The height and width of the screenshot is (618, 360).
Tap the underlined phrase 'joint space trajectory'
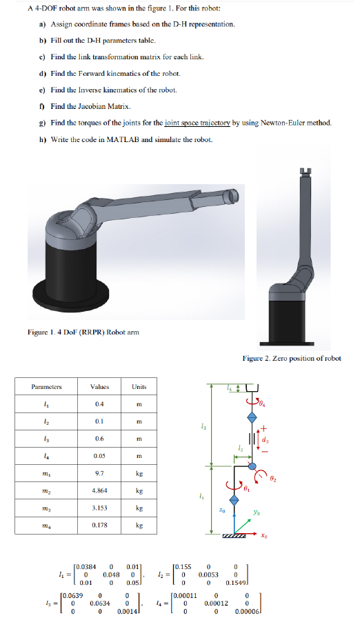point(205,122)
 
